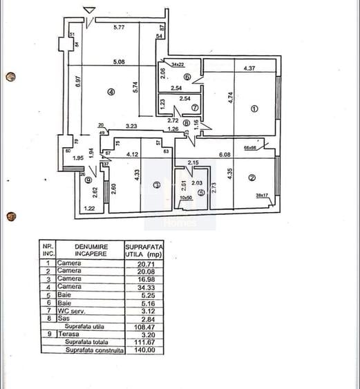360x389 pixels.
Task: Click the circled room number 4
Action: [x=110, y=92]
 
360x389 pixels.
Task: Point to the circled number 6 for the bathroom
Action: [x=187, y=77]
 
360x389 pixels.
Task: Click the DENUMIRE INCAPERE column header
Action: [x=86, y=249]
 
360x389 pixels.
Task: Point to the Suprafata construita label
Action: [x=95, y=350]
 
